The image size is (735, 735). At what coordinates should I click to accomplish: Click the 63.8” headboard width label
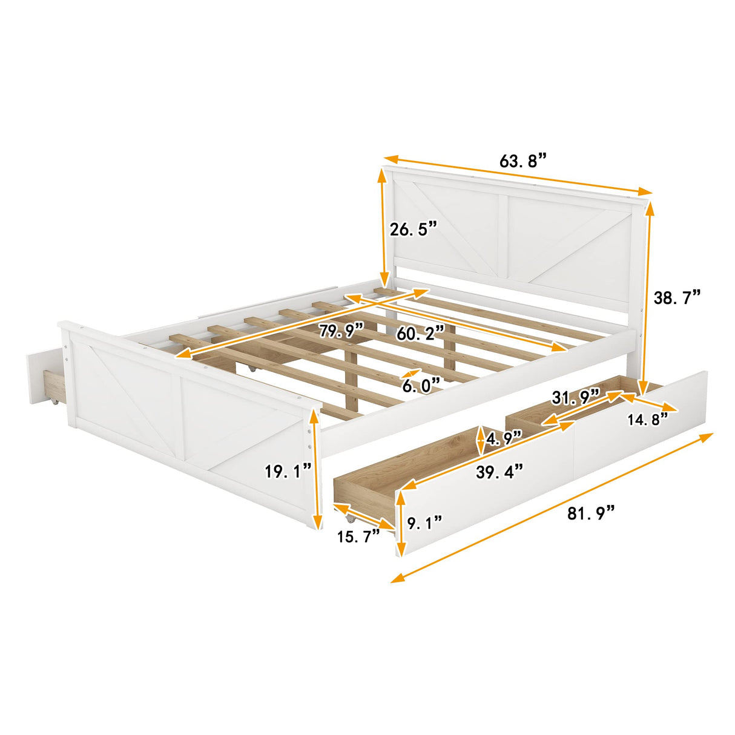[522, 162]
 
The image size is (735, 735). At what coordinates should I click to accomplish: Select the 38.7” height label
[676, 297]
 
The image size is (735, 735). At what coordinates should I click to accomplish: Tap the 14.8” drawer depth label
[647, 420]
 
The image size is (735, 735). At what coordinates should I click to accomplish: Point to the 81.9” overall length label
[591, 513]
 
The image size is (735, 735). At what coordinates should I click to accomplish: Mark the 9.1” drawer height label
[424, 522]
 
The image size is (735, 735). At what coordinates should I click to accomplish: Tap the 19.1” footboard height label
[288, 470]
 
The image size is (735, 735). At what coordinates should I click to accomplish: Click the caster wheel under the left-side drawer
[55, 403]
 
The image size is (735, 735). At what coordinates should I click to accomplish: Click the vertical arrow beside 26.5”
[383, 227]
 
